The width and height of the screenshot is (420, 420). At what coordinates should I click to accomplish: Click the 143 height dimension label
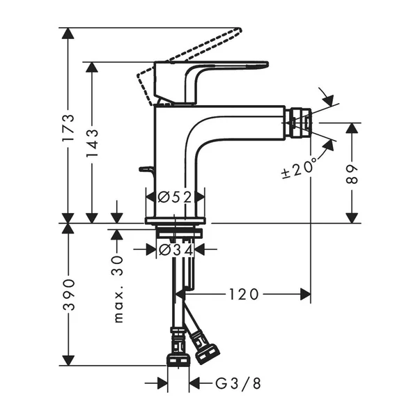tap(92, 143)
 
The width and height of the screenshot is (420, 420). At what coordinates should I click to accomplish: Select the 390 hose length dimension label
tap(68, 294)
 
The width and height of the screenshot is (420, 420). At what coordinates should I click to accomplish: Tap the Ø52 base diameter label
tap(175, 197)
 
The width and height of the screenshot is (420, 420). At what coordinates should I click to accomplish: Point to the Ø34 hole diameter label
tap(175, 249)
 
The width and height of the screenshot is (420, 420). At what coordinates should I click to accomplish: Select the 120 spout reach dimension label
tap(243, 294)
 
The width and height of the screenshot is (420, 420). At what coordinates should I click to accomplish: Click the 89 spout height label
tap(354, 173)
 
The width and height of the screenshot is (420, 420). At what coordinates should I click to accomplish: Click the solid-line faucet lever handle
tap(209, 70)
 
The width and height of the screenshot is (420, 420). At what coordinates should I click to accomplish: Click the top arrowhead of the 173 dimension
tap(68, 33)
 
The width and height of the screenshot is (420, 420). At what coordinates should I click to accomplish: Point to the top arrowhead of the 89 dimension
tap(354, 129)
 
